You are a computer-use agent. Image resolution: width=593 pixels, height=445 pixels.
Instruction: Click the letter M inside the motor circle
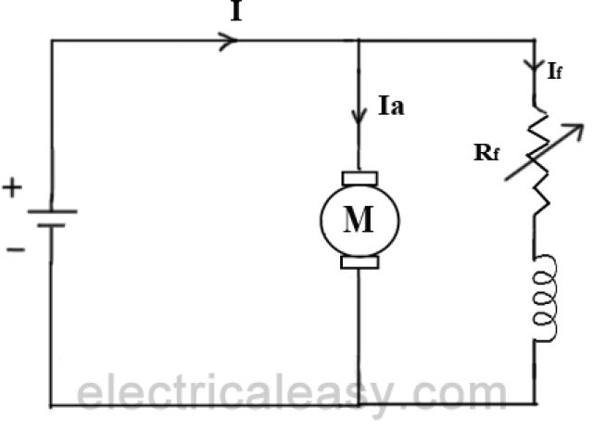click(359, 220)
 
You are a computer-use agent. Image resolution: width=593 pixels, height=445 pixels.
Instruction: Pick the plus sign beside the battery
click(12, 189)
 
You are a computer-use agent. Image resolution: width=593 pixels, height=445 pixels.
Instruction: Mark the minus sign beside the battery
click(14, 248)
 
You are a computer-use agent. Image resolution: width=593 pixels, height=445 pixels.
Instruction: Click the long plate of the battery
click(51, 211)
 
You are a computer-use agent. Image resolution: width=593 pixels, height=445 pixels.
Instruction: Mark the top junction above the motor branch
click(359, 41)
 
